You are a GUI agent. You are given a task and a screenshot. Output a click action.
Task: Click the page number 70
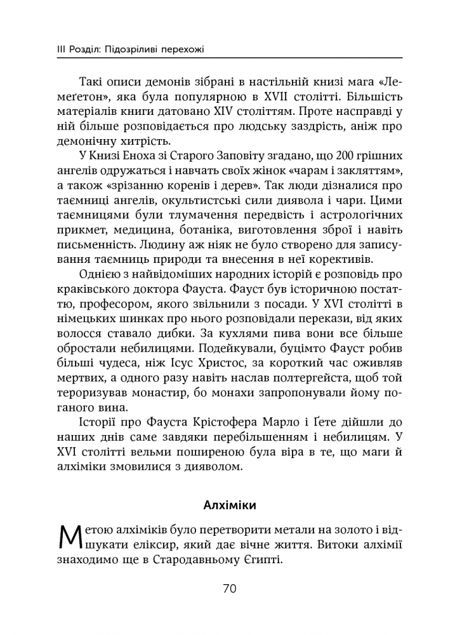[x=229, y=589]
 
